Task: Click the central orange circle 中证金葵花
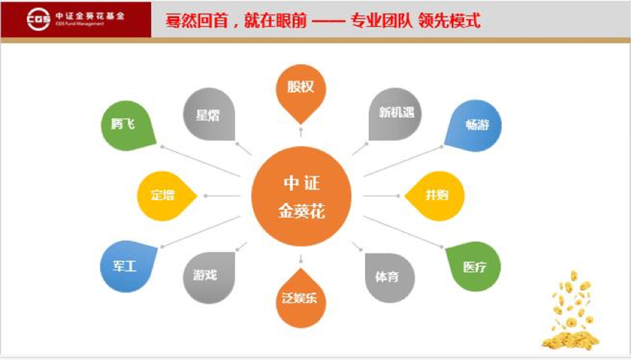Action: (302, 196)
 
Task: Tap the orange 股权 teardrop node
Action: (300, 91)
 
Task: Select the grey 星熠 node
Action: (209, 115)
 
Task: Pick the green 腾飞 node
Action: (127, 126)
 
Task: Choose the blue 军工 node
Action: (127, 266)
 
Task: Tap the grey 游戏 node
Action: (209, 277)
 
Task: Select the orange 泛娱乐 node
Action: (300, 299)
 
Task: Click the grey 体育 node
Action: (389, 277)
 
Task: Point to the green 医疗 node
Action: (474, 266)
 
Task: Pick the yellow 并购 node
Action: (435, 196)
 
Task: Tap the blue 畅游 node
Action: (474, 126)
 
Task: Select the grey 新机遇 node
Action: (395, 114)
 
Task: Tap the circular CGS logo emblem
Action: (38, 19)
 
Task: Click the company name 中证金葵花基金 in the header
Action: (90, 16)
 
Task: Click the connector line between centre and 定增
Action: (223, 196)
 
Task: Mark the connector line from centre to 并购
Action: (382, 196)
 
